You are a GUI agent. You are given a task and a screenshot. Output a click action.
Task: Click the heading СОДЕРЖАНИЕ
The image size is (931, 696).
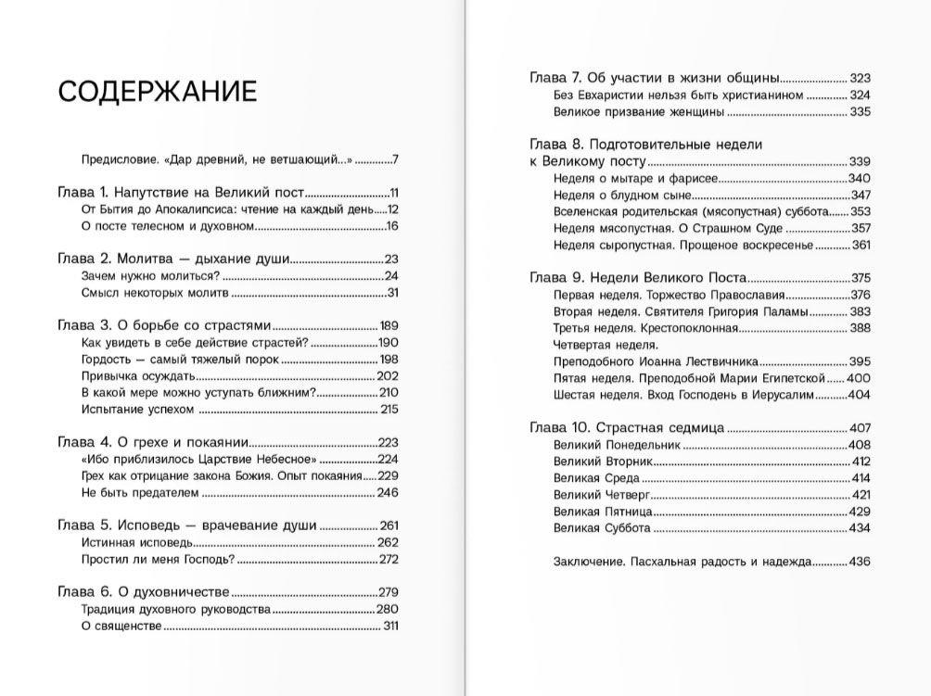157,92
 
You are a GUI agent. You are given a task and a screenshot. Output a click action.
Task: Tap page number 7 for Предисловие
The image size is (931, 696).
394,158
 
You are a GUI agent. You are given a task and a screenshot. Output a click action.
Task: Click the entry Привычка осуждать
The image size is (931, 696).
136,375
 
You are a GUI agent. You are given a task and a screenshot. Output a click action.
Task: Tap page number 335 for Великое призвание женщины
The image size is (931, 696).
860,112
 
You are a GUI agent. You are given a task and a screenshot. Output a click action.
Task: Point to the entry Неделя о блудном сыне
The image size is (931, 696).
619,195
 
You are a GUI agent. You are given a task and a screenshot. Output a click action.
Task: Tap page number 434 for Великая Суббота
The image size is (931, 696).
860,527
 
